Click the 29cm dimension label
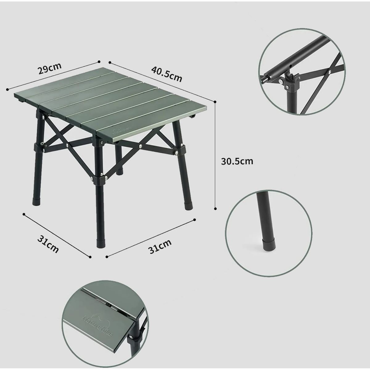[x=50, y=68]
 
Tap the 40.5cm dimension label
[x=166, y=74]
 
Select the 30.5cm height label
[x=237, y=162]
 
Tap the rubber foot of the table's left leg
[x=35, y=201]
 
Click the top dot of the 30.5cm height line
[x=215, y=101]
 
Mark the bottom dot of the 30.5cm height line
[x=215, y=208]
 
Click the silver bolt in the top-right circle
[x=281, y=81]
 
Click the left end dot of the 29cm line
[x=7, y=89]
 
